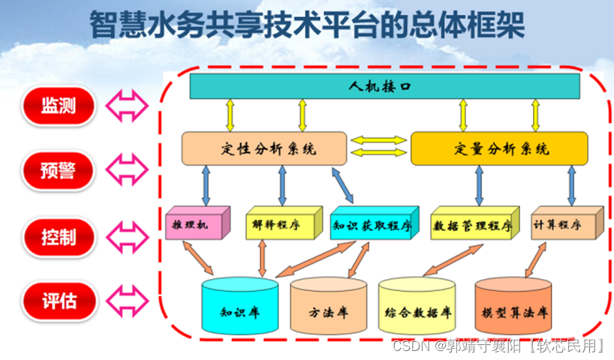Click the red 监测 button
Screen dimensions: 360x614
59,105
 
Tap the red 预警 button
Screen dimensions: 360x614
59,171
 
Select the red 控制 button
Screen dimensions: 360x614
59,237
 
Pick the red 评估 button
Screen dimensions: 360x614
59,301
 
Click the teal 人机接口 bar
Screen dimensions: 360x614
384,87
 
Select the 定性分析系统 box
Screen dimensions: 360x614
264,148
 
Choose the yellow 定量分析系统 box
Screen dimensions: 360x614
498,148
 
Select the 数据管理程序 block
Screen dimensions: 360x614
472,224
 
